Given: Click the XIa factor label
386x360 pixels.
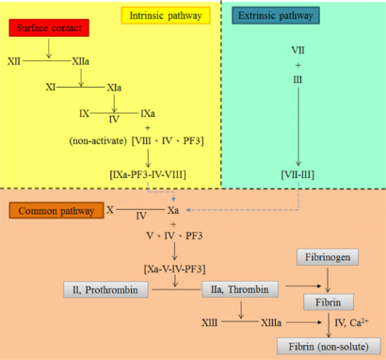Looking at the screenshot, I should tap(116, 86).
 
